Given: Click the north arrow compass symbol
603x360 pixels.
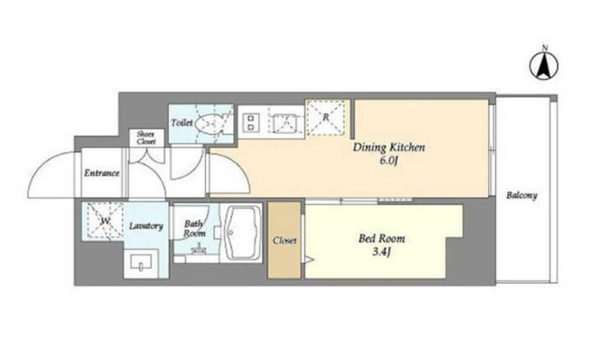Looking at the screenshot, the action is click(x=544, y=65).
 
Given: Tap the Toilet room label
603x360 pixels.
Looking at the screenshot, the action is click(x=182, y=123).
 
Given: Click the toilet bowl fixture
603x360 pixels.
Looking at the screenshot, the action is click(x=208, y=123).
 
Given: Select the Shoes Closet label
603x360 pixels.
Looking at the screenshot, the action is click(x=146, y=137).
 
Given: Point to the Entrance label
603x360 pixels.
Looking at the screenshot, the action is click(x=102, y=173).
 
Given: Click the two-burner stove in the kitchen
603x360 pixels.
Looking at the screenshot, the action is click(x=250, y=122).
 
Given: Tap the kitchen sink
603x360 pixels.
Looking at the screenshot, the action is click(x=285, y=123).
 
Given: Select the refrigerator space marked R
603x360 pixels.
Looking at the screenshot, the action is click(x=326, y=117).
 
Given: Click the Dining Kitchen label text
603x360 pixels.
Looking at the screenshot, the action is click(x=389, y=147).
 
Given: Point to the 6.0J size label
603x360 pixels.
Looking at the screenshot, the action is click(x=389, y=161).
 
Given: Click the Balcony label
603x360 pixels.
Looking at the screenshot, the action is click(x=522, y=195).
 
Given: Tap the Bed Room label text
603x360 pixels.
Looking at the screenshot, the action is click(x=382, y=239).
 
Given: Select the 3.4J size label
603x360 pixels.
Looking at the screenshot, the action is click(x=382, y=252).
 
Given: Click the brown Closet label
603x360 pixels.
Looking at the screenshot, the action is click(x=285, y=241).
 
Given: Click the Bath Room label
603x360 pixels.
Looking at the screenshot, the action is click(x=194, y=229).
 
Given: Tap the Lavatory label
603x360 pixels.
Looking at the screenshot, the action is click(x=146, y=226).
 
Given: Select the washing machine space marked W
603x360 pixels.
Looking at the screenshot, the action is click(x=105, y=221).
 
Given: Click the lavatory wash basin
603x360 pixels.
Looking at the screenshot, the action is click(x=142, y=263).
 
